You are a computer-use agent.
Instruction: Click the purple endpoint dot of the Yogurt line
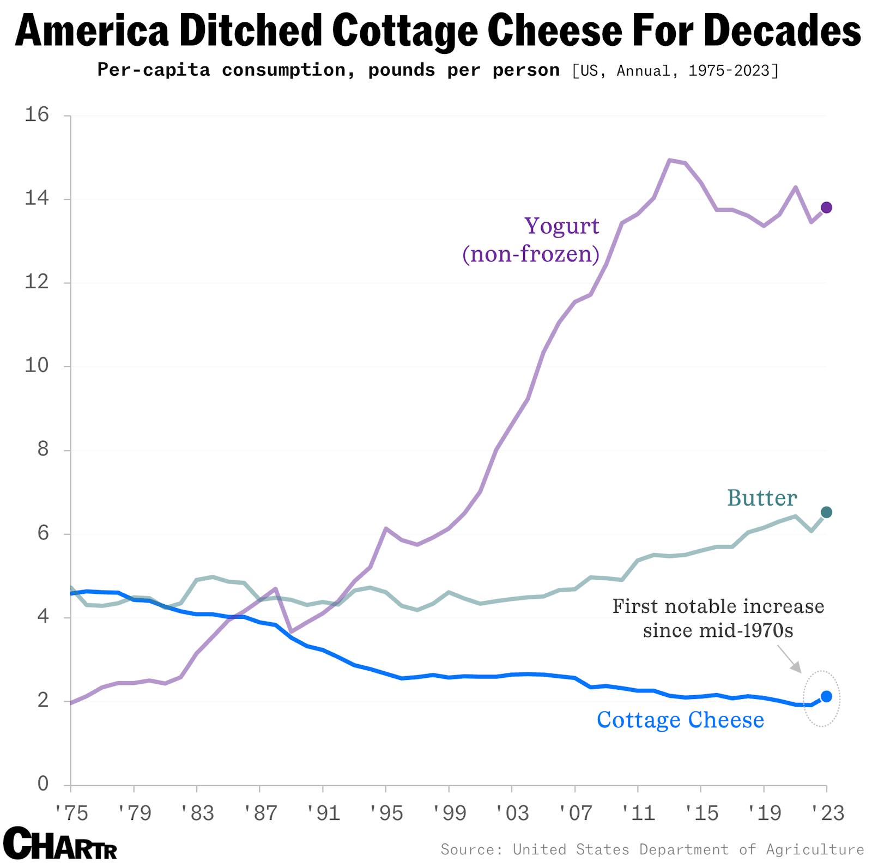826,207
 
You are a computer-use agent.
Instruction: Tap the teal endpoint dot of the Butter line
826,512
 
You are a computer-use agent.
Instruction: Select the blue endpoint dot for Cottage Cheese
826,696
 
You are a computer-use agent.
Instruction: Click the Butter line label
762,498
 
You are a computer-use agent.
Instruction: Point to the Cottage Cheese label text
680,720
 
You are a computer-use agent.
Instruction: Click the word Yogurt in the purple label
561,226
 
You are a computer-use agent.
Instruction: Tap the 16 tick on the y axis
37,114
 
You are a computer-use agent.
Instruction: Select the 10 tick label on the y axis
37,366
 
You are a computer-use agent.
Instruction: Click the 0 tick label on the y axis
43,784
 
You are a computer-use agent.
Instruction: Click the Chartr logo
60,843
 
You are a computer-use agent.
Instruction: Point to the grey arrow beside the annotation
789,659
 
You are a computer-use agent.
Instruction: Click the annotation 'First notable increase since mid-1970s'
718,618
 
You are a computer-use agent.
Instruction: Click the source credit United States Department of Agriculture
688,849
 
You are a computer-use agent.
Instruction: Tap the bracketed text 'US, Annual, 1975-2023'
675,71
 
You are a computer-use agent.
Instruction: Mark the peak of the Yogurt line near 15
670,160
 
